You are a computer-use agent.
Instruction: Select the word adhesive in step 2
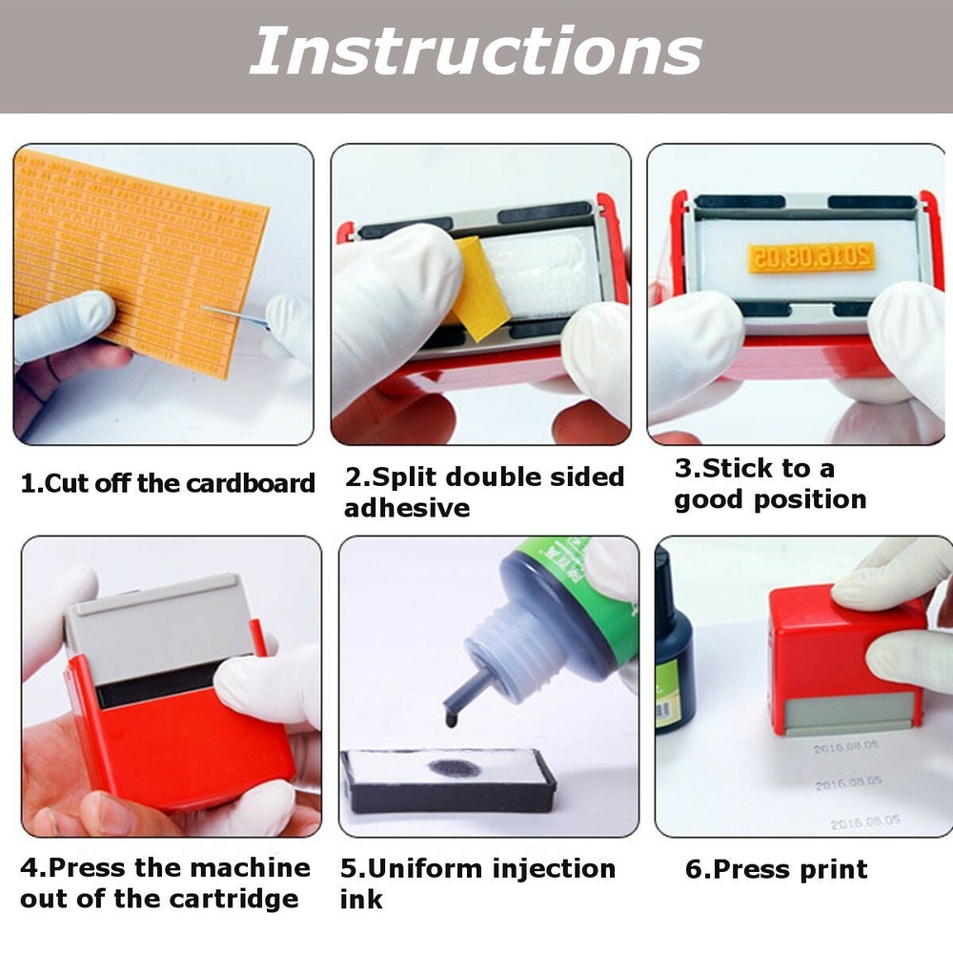pos(407,508)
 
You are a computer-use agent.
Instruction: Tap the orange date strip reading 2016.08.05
pos(812,255)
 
